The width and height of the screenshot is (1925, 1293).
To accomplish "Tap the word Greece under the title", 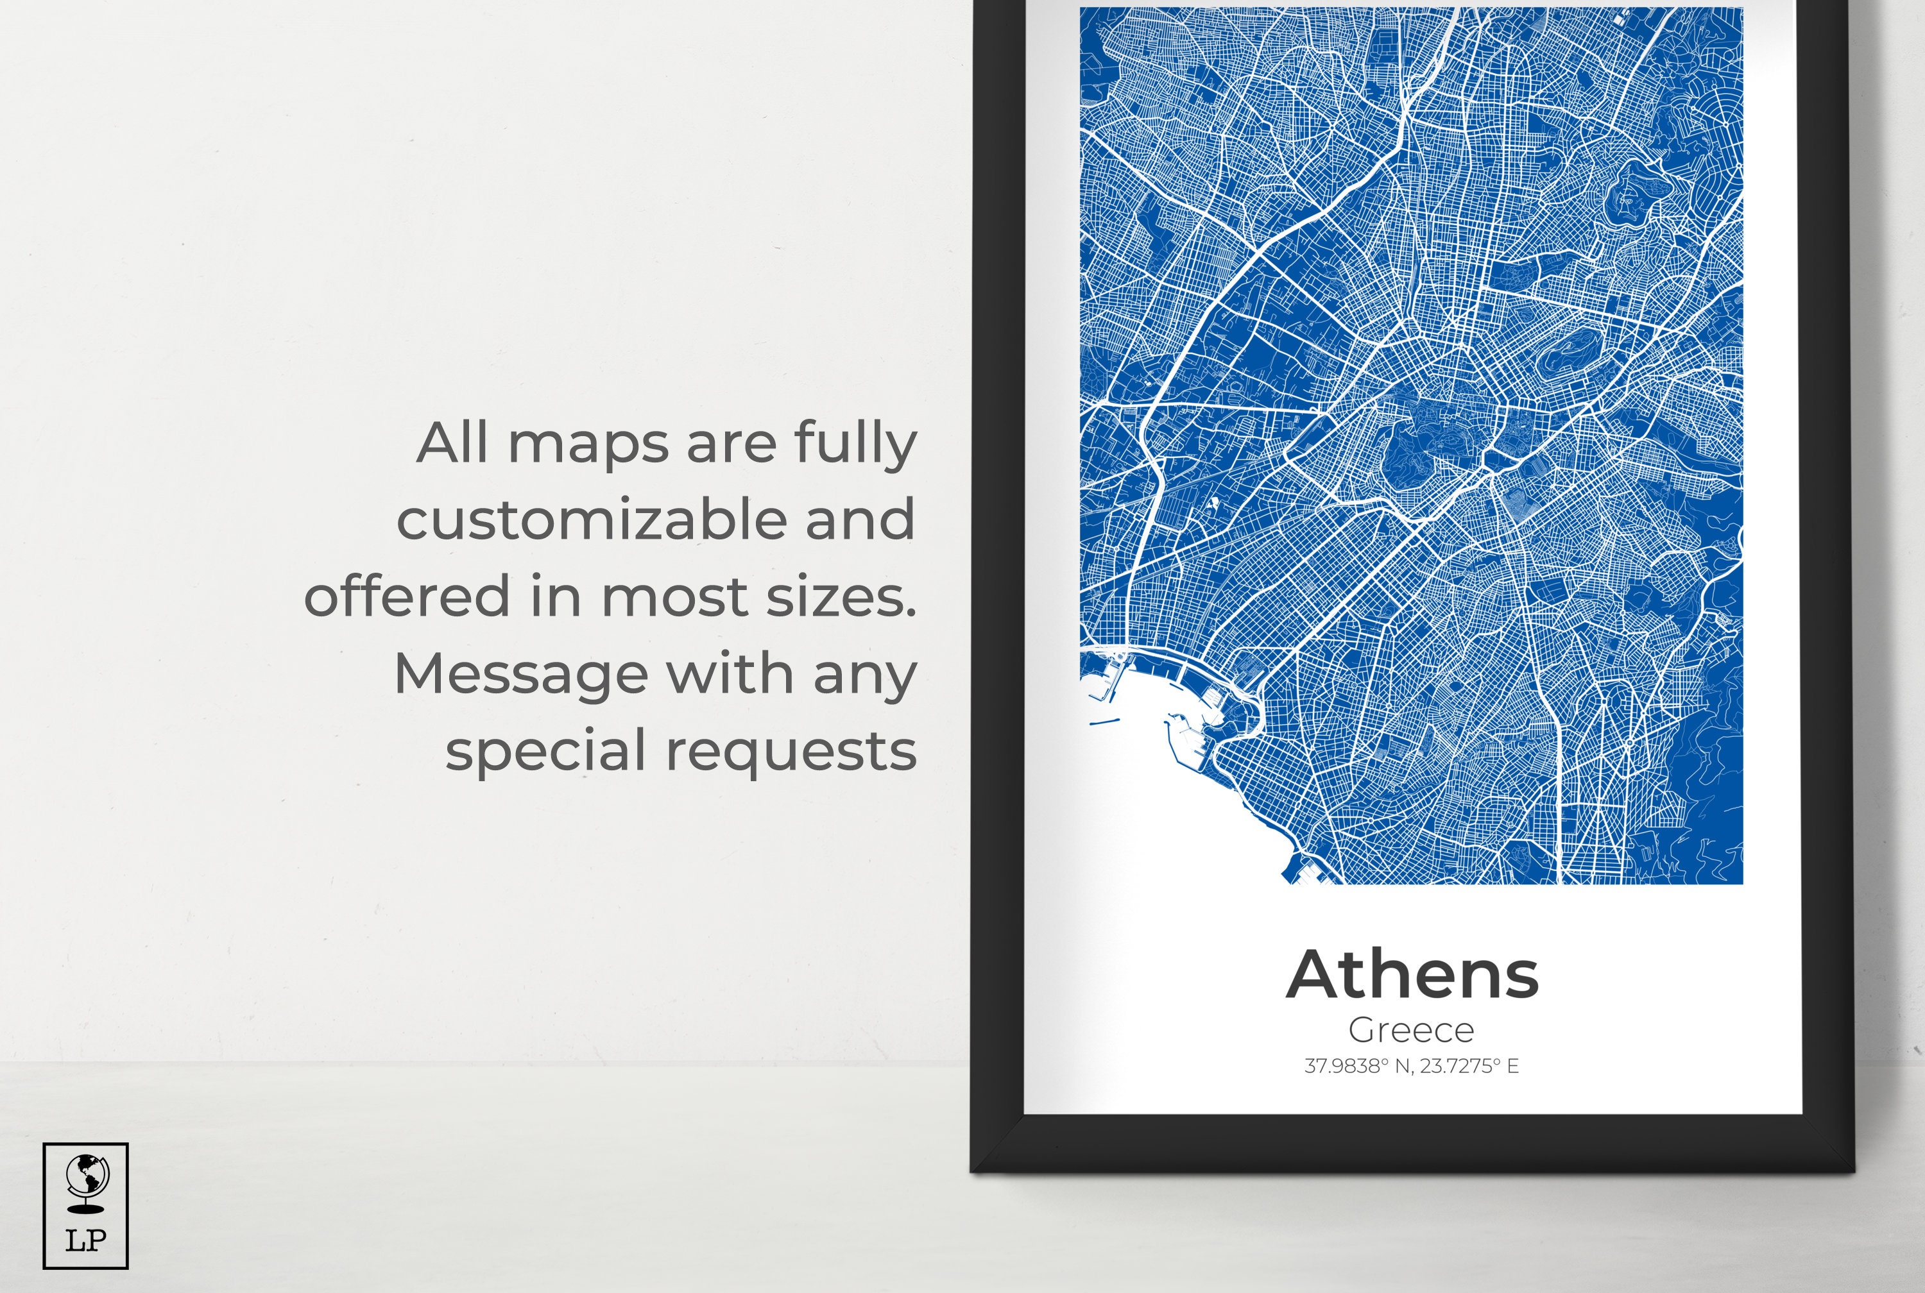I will click(1411, 1030).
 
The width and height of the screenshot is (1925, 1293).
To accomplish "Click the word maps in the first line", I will click(588, 445).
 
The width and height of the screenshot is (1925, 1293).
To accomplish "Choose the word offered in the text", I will click(407, 596).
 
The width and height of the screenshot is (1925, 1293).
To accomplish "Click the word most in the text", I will click(674, 597).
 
